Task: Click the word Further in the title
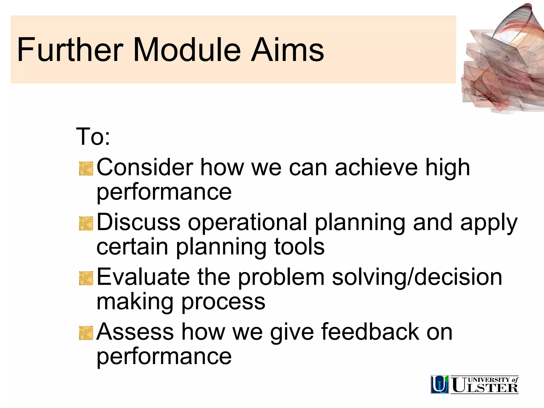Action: (70, 50)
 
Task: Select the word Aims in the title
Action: (287, 50)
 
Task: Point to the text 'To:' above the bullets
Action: (93, 137)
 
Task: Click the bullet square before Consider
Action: (86, 169)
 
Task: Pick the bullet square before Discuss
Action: (86, 223)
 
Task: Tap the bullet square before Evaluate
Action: (86, 278)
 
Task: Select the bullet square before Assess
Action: (86, 333)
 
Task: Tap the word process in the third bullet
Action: (223, 302)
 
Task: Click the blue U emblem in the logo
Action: (440, 384)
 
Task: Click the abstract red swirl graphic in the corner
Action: (502, 64)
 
